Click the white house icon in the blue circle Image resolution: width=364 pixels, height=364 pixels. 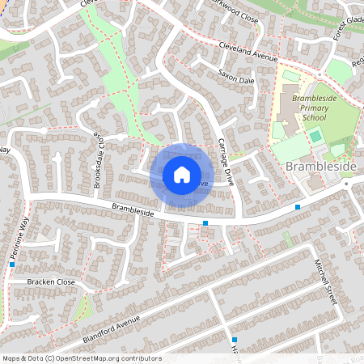pos(181,174)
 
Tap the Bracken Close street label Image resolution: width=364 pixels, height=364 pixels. pos(50,281)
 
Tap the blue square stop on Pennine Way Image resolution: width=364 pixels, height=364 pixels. pos(12,264)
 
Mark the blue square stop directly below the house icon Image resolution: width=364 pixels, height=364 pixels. pos(205,222)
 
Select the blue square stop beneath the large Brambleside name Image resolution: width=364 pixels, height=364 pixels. pos(298,207)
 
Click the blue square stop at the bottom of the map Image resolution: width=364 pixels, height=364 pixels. pos(235,340)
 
